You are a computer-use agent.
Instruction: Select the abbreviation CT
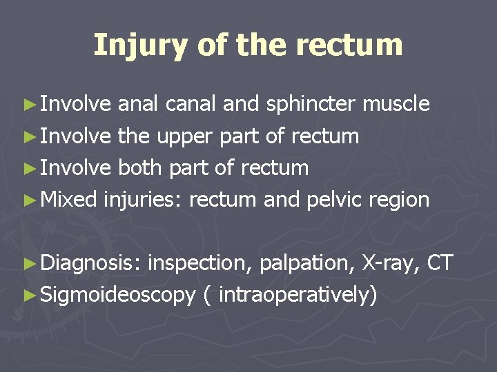440,262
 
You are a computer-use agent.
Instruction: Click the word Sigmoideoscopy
118,296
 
